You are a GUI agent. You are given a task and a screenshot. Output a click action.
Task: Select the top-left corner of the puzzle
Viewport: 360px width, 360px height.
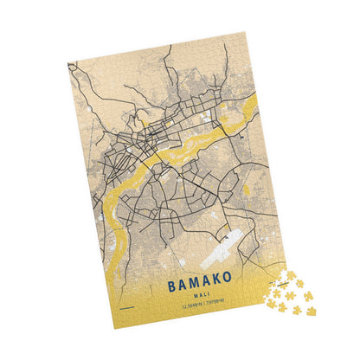67,61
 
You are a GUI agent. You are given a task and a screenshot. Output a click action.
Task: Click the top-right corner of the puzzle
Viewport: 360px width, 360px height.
245,33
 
